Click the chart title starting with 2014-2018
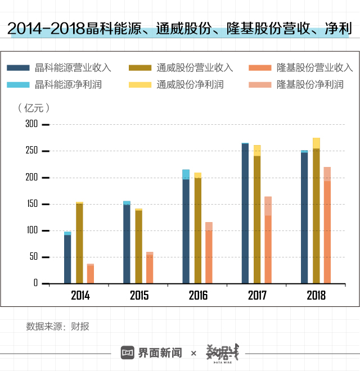180,29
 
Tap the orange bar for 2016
209,256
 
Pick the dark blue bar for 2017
245,214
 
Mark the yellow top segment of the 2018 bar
316,143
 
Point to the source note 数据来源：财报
57,327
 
